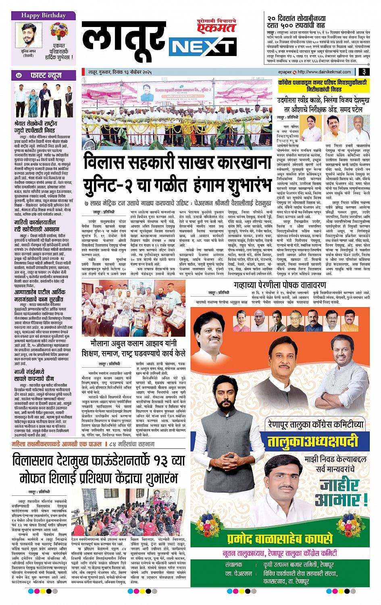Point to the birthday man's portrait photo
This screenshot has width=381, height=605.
pos(27,35)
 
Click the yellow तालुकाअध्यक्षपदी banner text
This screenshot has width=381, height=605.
pos(312,441)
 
